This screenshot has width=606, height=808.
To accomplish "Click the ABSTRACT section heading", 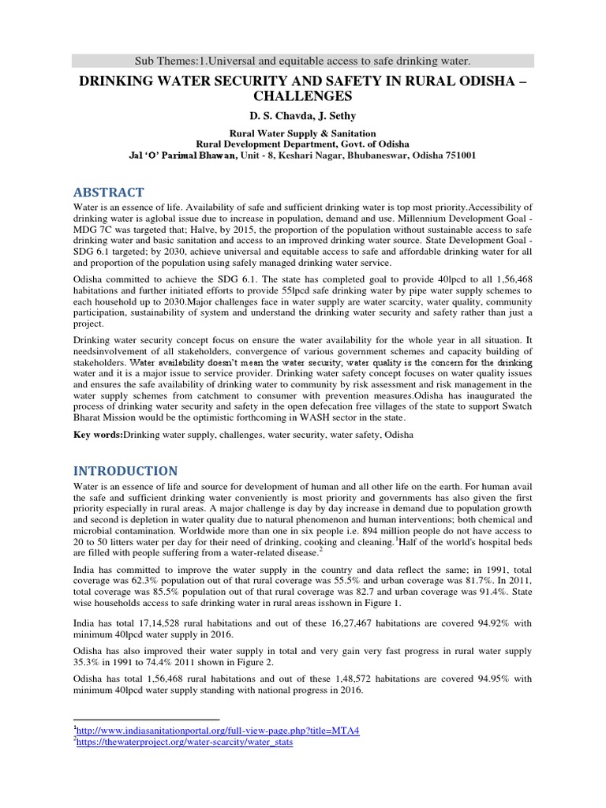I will [x=108, y=193].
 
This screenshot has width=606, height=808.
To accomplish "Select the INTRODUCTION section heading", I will [x=125, y=470].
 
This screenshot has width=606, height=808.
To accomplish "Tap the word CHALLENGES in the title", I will [x=303, y=95].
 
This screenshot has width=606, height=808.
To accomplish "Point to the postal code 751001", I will [x=454, y=156].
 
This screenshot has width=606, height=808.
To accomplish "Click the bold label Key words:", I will [x=98, y=435].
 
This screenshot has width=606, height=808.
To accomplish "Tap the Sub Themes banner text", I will [x=303, y=61].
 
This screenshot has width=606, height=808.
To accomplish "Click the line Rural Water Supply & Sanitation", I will [x=302, y=133].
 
